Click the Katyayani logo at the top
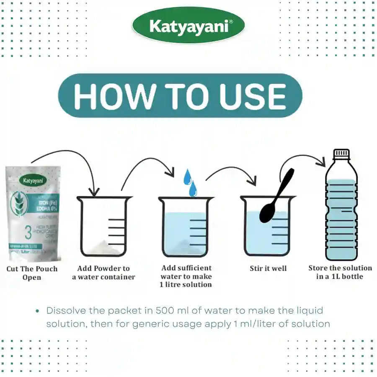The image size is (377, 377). tap(188, 26)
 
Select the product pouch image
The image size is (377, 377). tap(33, 214)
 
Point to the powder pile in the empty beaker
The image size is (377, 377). tap(97, 247)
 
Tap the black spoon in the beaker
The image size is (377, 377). tap(274, 201)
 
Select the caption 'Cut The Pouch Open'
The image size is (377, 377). tap(32, 273)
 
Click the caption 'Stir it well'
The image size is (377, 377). tap(268, 269)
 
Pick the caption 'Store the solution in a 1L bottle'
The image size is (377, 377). tap(340, 272)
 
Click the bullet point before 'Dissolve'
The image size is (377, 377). tap(38, 311)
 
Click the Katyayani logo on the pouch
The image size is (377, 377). tap(33, 181)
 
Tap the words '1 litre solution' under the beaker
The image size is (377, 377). tap(186, 284)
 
